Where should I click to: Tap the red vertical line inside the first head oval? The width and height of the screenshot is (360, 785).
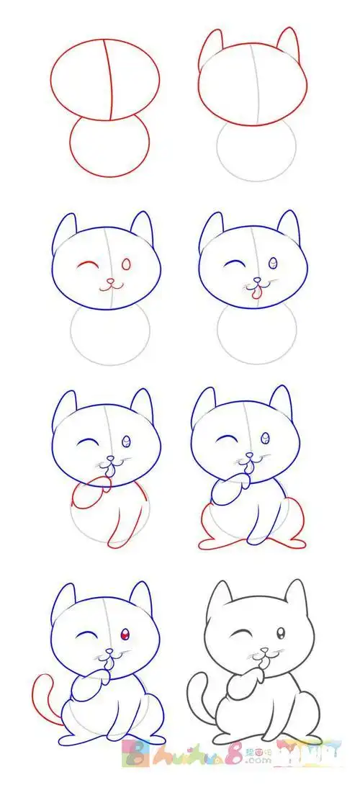(111, 79)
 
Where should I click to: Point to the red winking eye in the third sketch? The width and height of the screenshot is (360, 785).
(87, 265)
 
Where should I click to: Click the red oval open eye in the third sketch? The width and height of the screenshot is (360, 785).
(127, 265)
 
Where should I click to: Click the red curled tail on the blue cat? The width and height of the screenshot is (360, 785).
(43, 695)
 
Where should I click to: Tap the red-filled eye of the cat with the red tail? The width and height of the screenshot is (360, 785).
(125, 634)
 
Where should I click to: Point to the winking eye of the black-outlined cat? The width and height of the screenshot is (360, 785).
(238, 634)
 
